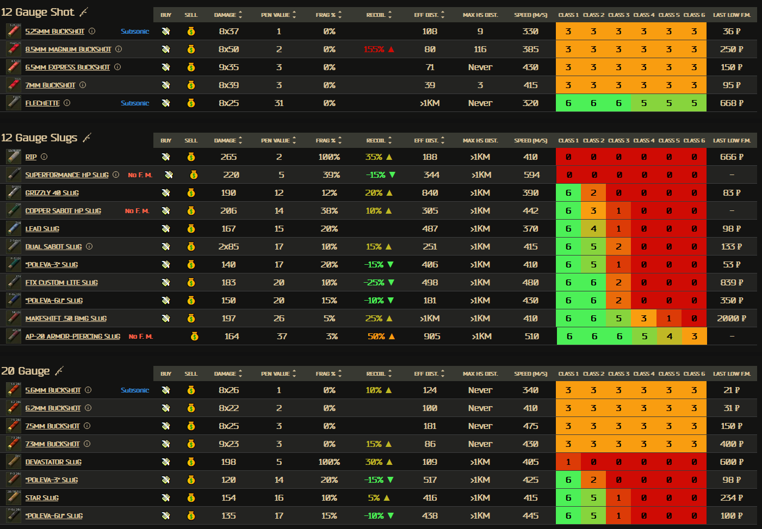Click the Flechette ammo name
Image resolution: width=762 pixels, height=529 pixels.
click(x=42, y=103)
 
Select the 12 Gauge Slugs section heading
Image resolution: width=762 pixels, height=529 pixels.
click(x=39, y=138)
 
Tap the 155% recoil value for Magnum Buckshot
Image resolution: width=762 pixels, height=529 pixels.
click(x=374, y=49)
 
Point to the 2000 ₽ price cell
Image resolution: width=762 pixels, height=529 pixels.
click(x=731, y=319)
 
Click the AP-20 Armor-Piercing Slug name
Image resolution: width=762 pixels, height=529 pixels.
click(x=73, y=337)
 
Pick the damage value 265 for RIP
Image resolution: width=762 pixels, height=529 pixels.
click(x=228, y=157)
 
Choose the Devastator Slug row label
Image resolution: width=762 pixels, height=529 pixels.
click(x=53, y=462)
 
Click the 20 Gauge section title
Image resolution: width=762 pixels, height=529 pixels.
click(x=26, y=371)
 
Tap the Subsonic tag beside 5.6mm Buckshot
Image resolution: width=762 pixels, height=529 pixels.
click(x=135, y=390)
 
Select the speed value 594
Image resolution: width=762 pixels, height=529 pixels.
click(x=531, y=175)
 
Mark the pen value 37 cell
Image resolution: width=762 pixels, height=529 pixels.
click(x=282, y=337)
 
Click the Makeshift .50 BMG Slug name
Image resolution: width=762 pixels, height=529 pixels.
click(x=66, y=319)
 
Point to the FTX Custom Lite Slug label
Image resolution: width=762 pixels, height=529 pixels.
click(x=61, y=283)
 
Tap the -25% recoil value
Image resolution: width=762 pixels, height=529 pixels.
click(x=374, y=283)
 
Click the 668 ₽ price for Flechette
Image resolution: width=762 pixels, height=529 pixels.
click(x=731, y=103)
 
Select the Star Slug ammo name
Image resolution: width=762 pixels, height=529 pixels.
click(x=42, y=498)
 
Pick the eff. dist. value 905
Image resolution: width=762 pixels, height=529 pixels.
click(x=432, y=337)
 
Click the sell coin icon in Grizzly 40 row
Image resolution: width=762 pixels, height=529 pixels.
click(x=191, y=193)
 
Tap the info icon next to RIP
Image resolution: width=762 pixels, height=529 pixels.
click(x=44, y=157)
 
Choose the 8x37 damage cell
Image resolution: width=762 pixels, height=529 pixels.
click(x=228, y=32)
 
